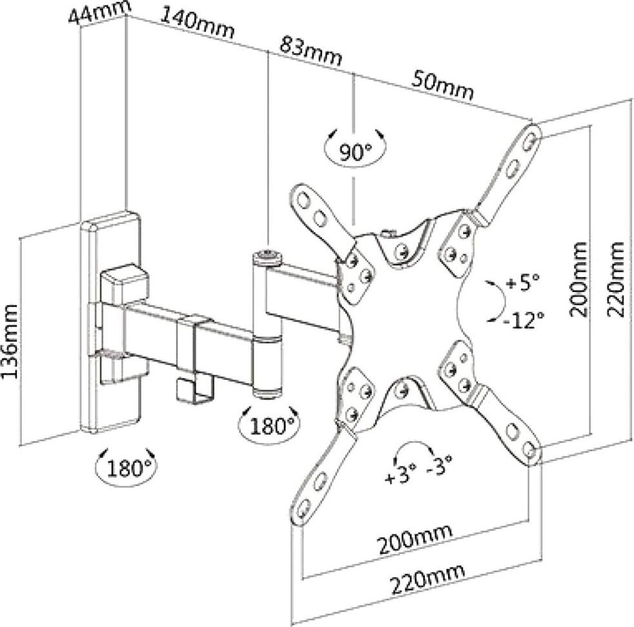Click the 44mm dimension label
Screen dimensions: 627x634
(x=99, y=12)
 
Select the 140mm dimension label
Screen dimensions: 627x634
(x=198, y=25)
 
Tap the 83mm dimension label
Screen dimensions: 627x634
(x=311, y=50)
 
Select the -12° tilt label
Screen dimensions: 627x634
(x=524, y=319)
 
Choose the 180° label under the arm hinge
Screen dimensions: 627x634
(x=269, y=426)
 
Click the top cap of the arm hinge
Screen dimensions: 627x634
(x=267, y=256)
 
